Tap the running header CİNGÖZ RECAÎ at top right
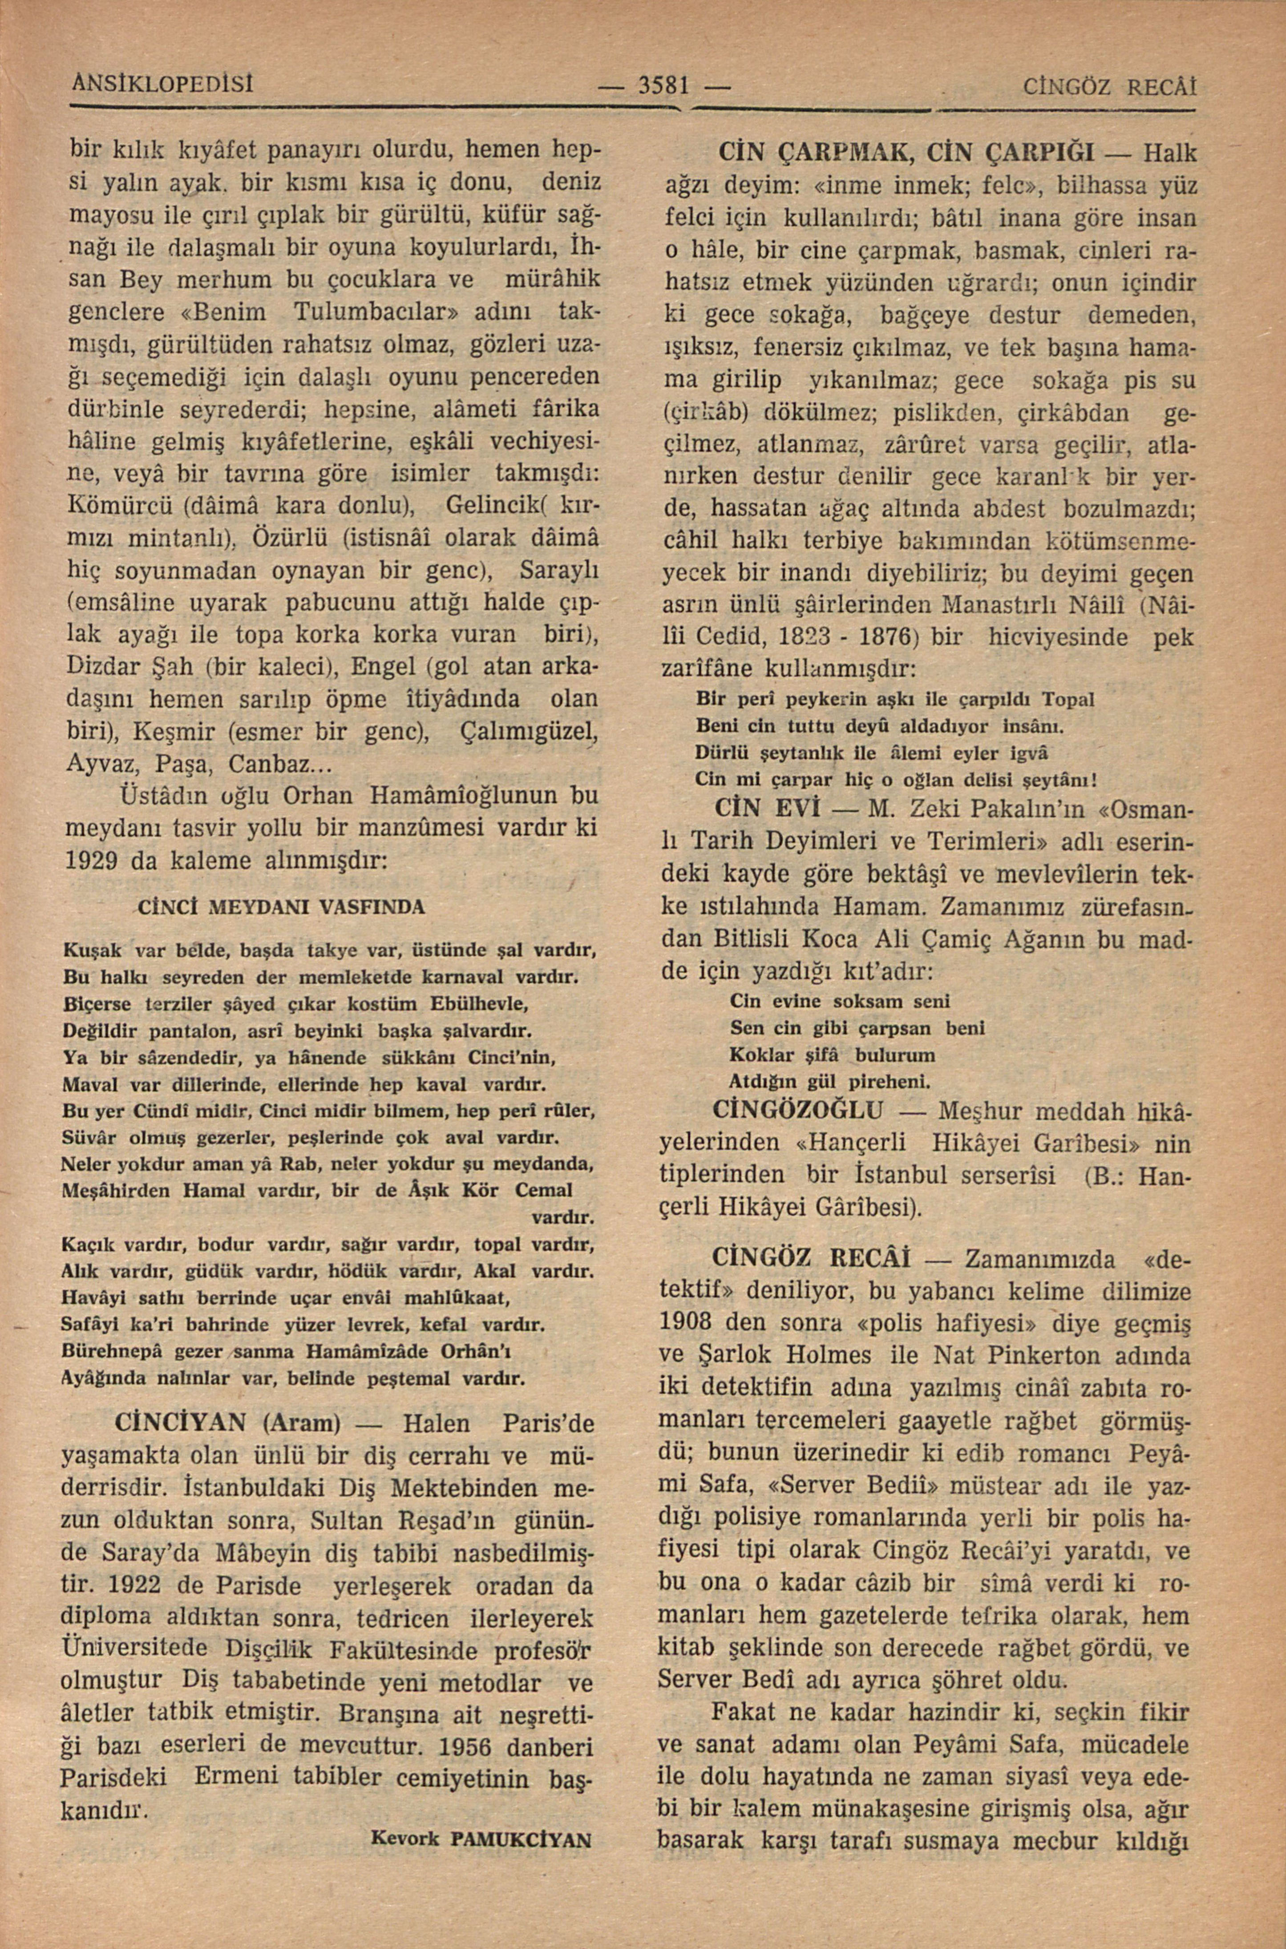[x=1111, y=87]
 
